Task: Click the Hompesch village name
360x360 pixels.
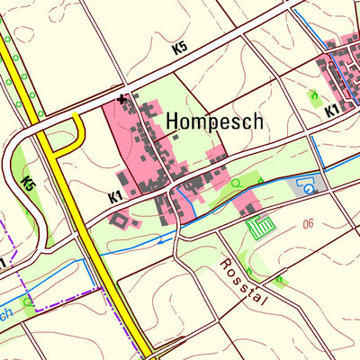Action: (x=214, y=121)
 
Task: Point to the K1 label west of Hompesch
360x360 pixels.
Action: (x=115, y=195)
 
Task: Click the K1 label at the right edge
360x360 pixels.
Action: (x=331, y=111)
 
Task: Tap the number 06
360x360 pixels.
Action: (x=310, y=223)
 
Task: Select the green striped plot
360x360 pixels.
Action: (x=261, y=227)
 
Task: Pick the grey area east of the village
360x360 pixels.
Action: (x=303, y=186)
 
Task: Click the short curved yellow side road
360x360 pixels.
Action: (x=76, y=135)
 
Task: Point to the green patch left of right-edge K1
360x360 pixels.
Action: (x=314, y=97)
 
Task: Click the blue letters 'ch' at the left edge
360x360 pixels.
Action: (x=6, y=311)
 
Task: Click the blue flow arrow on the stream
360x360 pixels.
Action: (x=163, y=240)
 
